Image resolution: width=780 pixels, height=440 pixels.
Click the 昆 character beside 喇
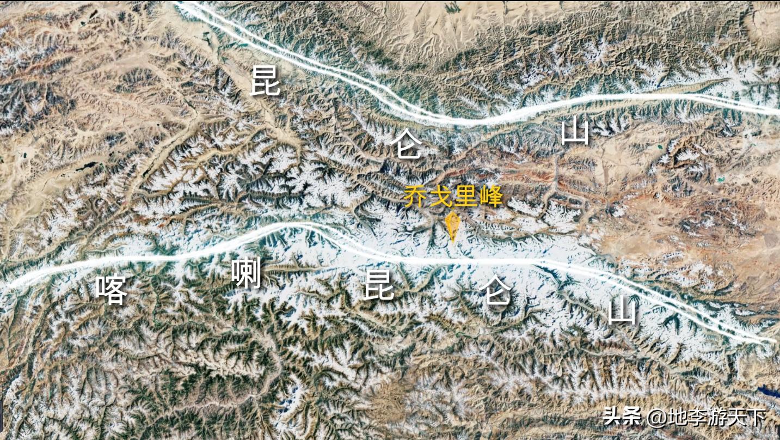[x=379, y=285]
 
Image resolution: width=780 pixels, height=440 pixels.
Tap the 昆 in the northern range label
[x=265, y=82]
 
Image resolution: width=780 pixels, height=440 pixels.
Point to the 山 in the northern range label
[x=575, y=132]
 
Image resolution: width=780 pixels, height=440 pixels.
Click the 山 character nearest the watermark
[x=622, y=312]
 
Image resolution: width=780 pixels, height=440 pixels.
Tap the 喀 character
[x=112, y=290]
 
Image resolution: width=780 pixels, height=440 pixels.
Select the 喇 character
[x=246, y=273]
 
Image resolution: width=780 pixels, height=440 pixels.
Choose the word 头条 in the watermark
[x=622, y=418]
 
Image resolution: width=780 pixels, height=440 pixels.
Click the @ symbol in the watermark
[x=657, y=418]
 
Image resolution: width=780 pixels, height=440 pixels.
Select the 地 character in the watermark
[x=678, y=418]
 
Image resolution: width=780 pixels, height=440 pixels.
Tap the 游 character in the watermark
[x=718, y=418]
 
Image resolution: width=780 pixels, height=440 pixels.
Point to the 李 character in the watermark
[x=698, y=418]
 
